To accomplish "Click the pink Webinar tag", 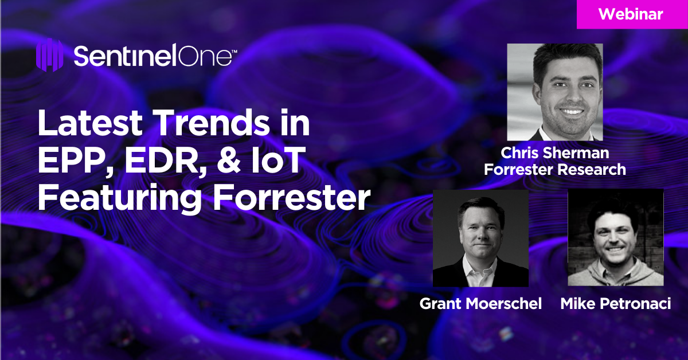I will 632,14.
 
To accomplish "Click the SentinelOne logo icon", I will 49,56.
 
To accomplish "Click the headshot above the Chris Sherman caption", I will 554,92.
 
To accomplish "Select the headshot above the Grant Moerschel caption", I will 480,238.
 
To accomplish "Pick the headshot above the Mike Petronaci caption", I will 615,238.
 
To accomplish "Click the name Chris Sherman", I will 554,153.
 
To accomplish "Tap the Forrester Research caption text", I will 554,170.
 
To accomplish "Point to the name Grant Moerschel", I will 480,303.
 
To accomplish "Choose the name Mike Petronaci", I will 615,303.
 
